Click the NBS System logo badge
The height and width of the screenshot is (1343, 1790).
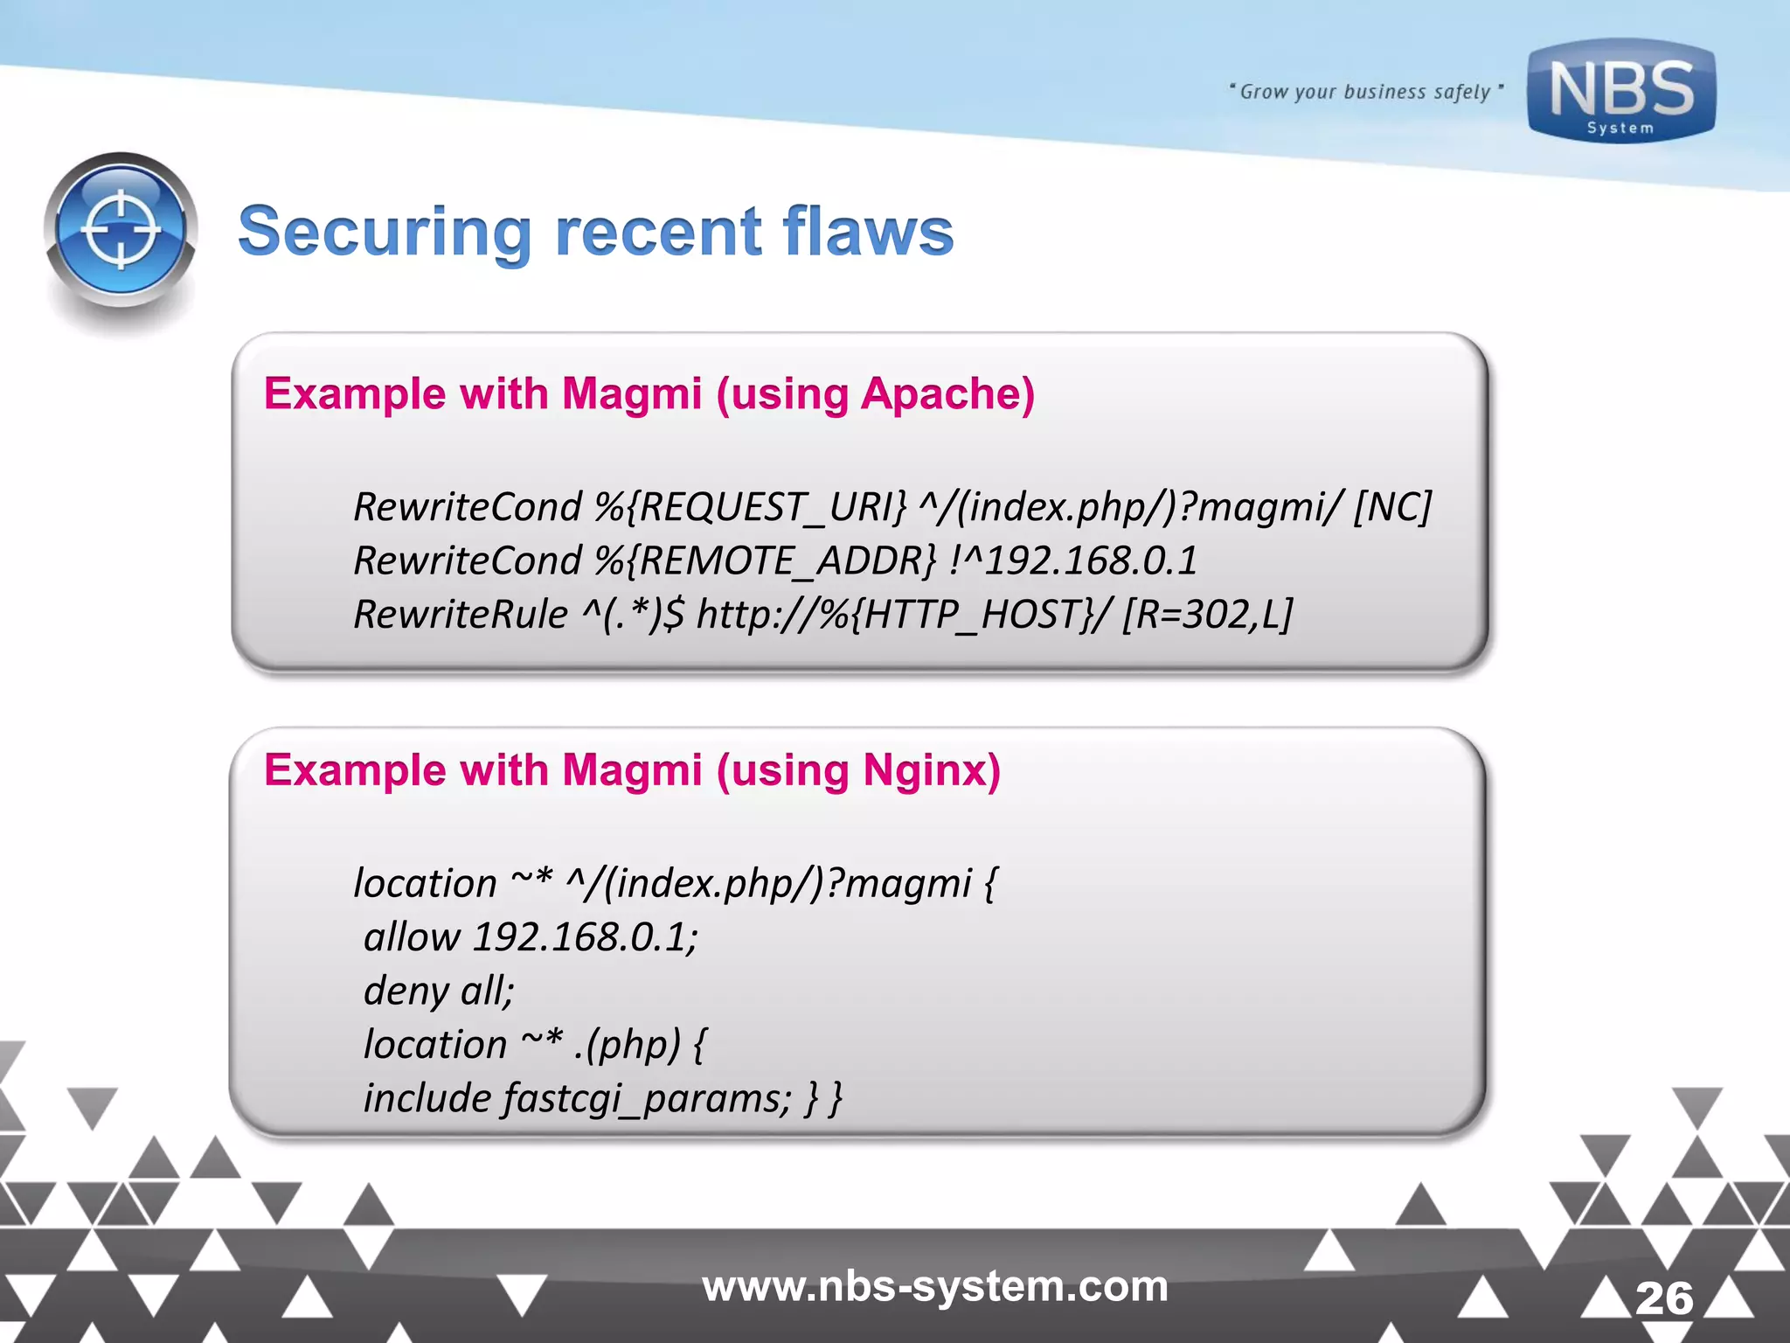pos(1621,91)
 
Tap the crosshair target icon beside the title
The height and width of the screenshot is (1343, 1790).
pos(121,230)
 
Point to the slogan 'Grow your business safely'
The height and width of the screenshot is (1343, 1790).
pos(1365,92)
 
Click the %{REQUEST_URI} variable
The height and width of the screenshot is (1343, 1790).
pos(751,508)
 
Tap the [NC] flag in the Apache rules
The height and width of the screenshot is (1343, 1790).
pos(1392,508)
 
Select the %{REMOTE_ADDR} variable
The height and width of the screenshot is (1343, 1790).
pos(765,561)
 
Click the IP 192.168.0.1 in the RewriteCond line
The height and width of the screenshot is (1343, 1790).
pos(1091,561)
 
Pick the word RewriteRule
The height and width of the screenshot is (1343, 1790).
pos(461,615)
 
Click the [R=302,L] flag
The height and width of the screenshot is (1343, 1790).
pos(1207,615)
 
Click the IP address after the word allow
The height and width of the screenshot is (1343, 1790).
pos(585,938)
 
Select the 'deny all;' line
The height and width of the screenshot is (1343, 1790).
pos(439,992)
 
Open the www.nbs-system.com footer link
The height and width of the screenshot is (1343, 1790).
pos(935,1286)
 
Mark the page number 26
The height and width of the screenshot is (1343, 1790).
pos(1664,1298)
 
